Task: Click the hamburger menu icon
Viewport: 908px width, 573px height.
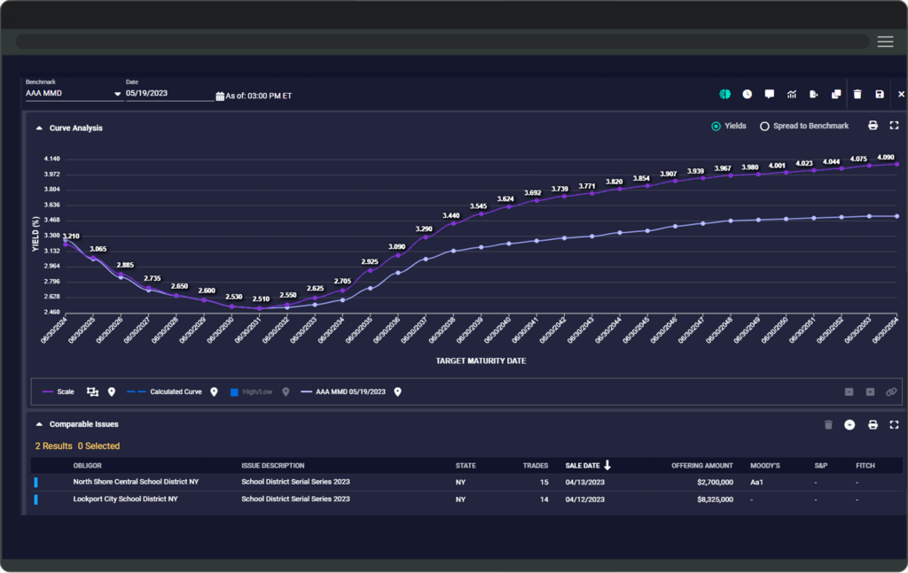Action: pyautogui.click(x=885, y=42)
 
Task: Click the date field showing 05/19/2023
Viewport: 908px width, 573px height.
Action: pyautogui.click(x=168, y=93)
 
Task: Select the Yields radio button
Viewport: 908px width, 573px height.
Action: pyautogui.click(x=716, y=127)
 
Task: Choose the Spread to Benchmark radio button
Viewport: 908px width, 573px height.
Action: pyautogui.click(x=764, y=127)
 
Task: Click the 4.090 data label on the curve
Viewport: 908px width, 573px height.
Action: pyautogui.click(x=885, y=157)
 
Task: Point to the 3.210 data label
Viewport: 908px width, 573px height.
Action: pyautogui.click(x=71, y=236)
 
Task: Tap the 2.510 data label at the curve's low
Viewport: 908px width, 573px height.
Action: pyautogui.click(x=260, y=299)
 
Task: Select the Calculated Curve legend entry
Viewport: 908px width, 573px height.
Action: pyautogui.click(x=176, y=391)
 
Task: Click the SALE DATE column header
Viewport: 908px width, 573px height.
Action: pyautogui.click(x=583, y=465)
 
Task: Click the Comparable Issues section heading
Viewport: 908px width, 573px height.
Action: pyautogui.click(x=83, y=424)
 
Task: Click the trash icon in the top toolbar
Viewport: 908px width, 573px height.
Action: pyautogui.click(x=857, y=94)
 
